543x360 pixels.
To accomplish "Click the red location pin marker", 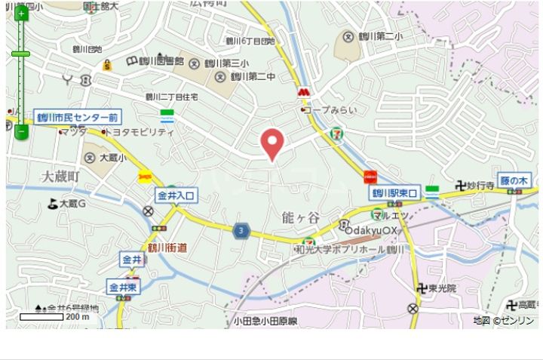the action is tap(271, 143).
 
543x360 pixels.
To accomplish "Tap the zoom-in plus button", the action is tap(20, 14).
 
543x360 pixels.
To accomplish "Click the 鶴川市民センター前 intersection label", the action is tap(77, 118).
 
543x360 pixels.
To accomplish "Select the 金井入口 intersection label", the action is tap(176, 195).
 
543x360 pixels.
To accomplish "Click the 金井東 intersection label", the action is tap(122, 288).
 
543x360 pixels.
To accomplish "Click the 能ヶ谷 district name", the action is tap(299, 217).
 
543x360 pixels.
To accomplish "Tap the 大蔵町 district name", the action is tap(60, 176).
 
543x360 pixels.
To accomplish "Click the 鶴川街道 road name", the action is tap(167, 247).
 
